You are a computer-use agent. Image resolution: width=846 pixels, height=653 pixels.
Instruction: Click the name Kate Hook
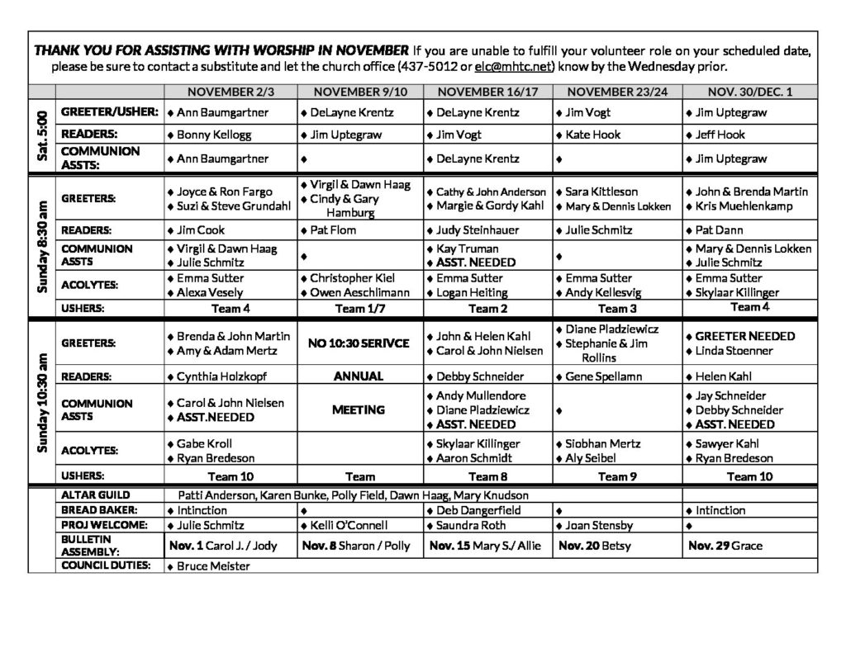click(592, 135)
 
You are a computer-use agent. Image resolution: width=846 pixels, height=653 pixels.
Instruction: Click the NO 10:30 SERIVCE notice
click(359, 343)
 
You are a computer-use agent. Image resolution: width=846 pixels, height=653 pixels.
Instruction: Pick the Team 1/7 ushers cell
click(359, 308)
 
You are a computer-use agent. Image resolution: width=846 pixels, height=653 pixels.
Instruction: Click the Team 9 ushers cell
click(616, 476)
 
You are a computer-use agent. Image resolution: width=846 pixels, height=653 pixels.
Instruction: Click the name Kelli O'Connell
click(345, 525)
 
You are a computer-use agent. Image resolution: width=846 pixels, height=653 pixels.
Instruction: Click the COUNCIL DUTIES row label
click(106, 565)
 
